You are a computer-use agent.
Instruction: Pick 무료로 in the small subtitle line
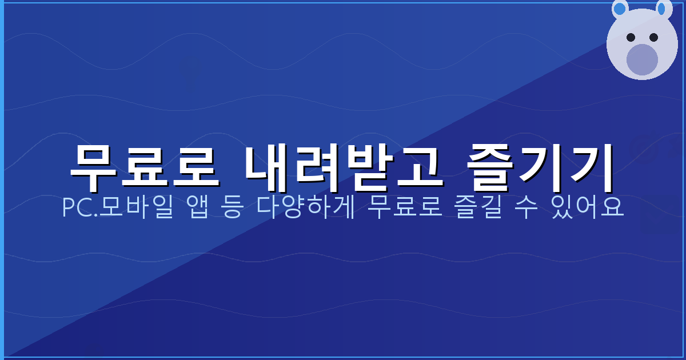[x=404, y=208]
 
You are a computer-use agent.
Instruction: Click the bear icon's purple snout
[x=642, y=59]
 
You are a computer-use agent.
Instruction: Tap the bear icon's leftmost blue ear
[x=620, y=9]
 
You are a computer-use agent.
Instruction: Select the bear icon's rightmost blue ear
[x=663, y=9]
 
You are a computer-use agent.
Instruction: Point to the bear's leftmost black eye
[x=631, y=37]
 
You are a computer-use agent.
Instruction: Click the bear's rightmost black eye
[x=653, y=37]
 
